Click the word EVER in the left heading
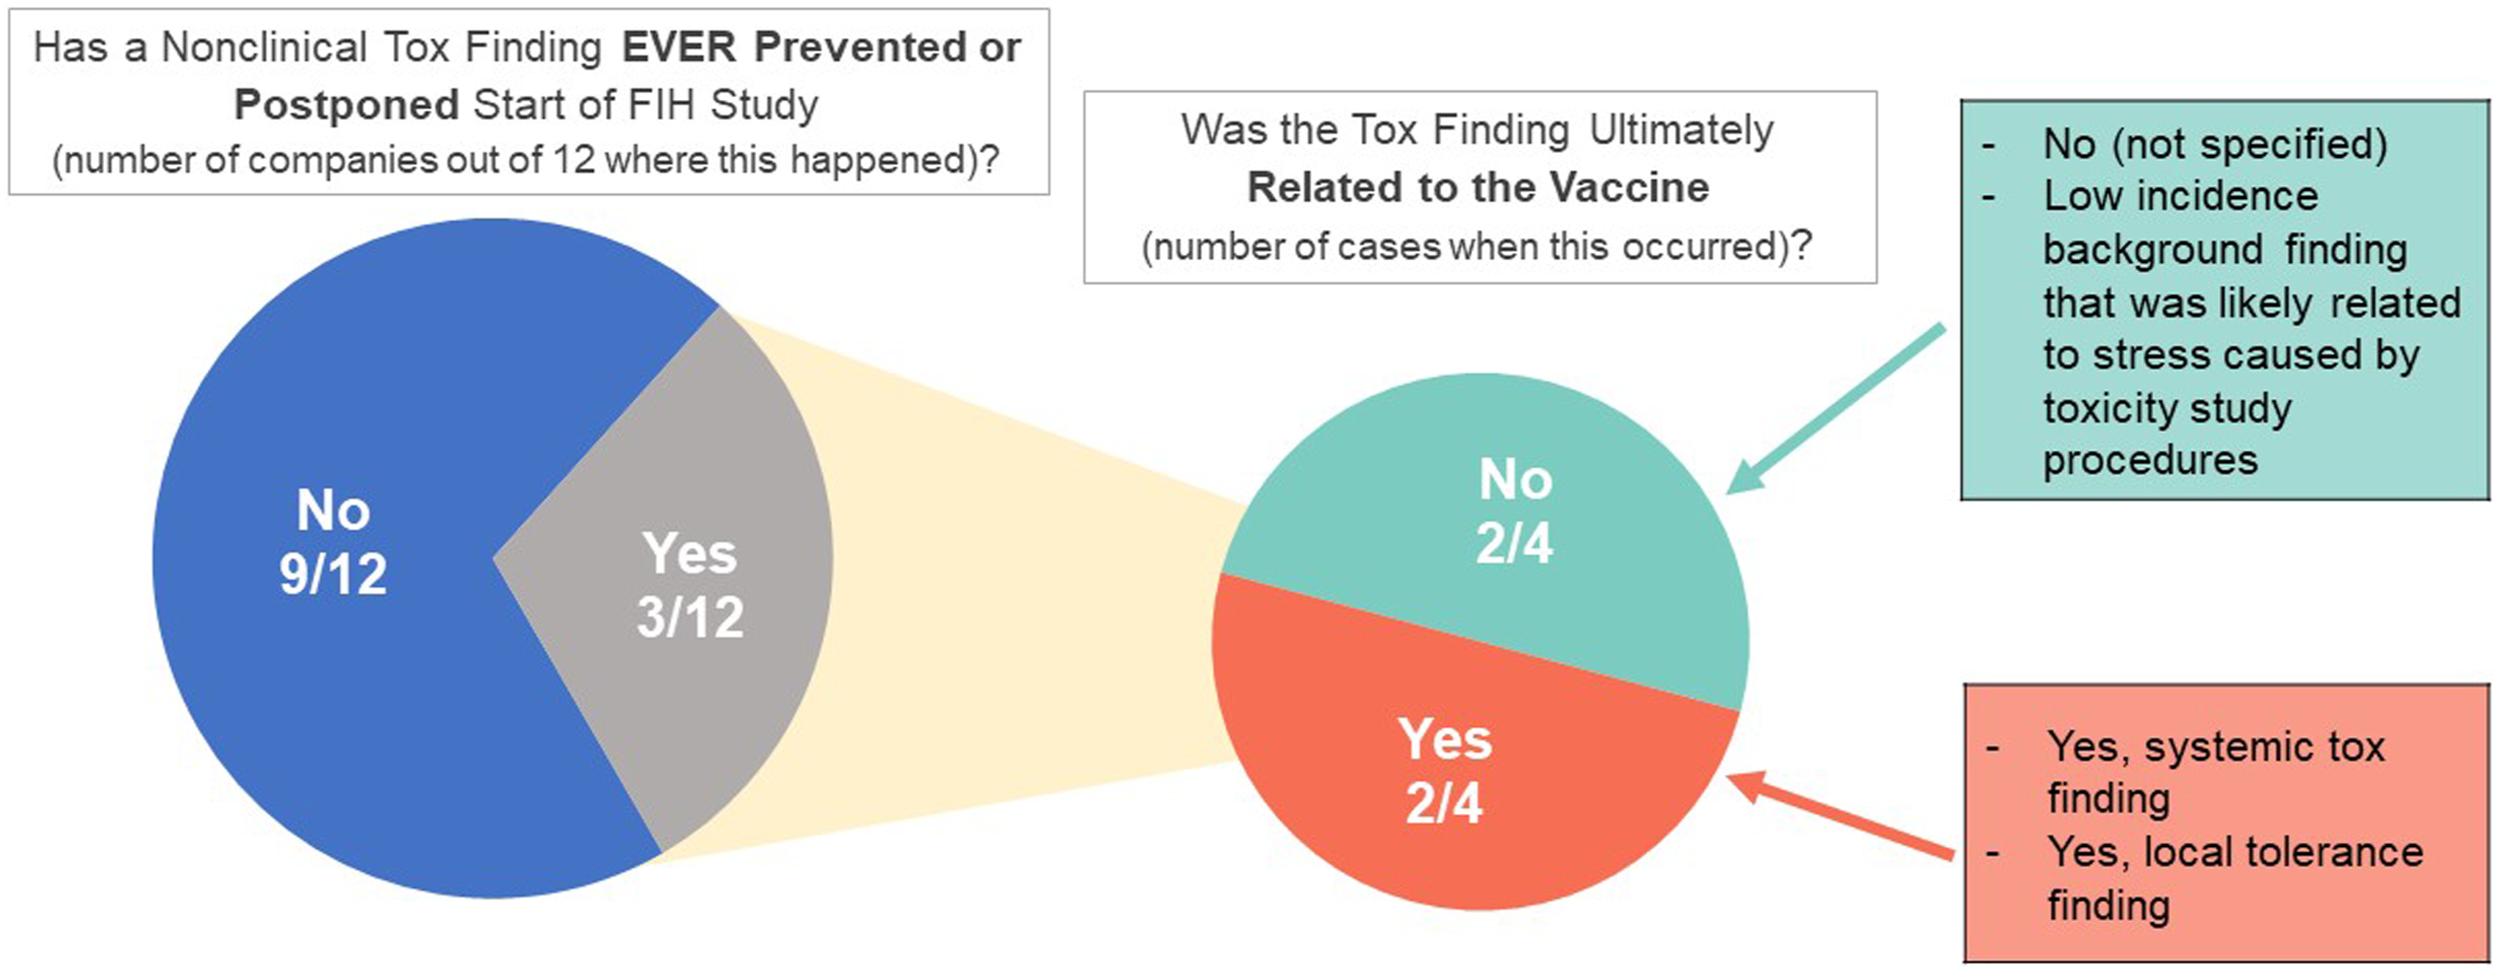tap(678, 48)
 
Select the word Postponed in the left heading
tap(346, 104)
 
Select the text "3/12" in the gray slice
tap(690, 617)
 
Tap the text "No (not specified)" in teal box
tap(2215, 145)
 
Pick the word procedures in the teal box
tap(2150, 461)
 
